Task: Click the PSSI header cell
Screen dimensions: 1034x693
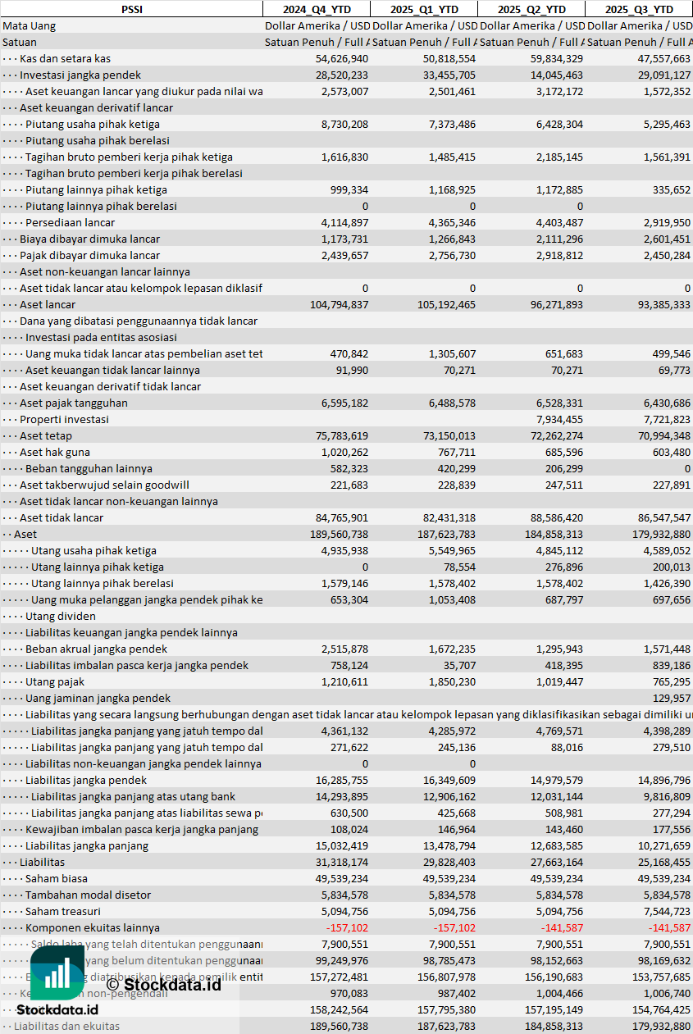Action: click(x=131, y=9)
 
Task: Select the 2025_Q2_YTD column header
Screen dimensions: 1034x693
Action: click(x=531, y=9)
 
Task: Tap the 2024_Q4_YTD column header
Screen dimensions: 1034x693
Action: click(x=316, y=9)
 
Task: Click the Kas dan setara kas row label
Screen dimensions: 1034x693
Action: click(x=65, y=58)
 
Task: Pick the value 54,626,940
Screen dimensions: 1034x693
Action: click(x=341, y=58)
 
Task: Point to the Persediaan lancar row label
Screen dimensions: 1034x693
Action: click(x=70, y=222)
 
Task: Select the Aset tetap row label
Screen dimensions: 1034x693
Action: click(x=45, y=435)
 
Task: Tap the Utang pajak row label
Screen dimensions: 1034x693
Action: click(x=54, y=681)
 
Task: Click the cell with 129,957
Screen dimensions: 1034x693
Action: click(x=671, y=698)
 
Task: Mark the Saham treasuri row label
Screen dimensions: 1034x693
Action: click(x=62, y=911)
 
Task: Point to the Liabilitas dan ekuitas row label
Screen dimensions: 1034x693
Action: click(x=66, y=1026)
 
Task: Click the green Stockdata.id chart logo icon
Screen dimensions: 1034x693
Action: click(x=57, y=975)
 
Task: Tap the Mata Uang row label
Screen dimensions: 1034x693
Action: click(x=29, y=25)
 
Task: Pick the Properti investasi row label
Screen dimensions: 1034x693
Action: click(x=64, y=419)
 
